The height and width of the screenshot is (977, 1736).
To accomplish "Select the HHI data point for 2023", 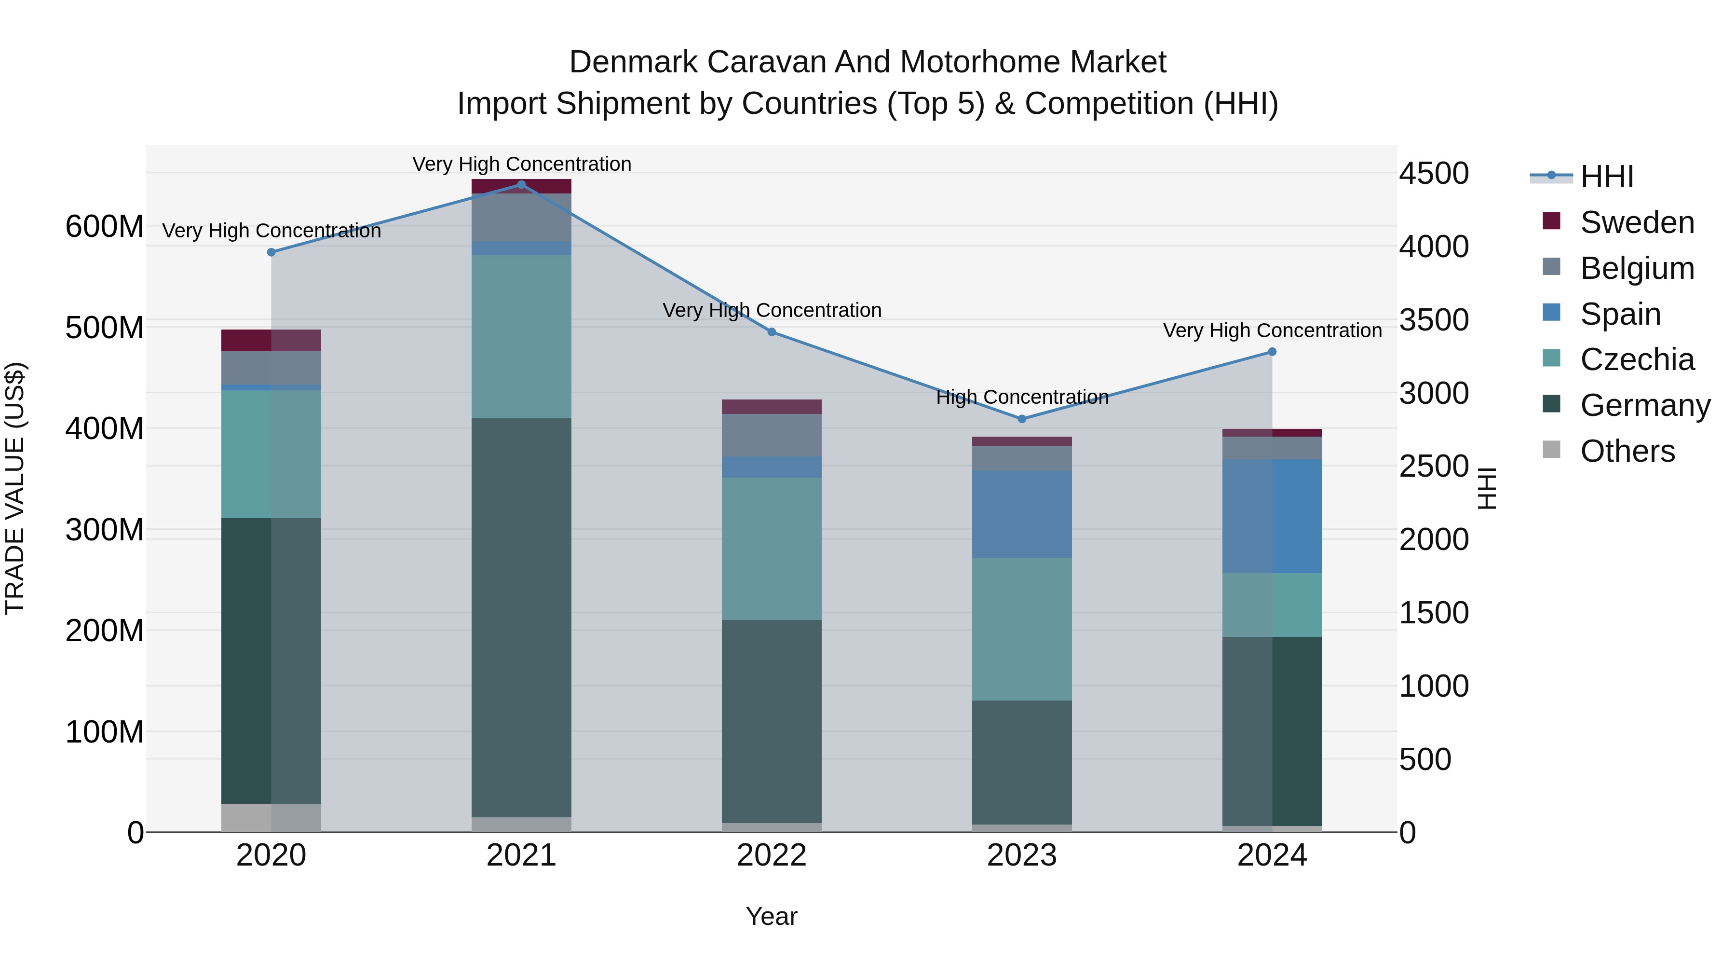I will point(1022,419).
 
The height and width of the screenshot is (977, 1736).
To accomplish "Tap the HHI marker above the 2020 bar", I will point(271,252).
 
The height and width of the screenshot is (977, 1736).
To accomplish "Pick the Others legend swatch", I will point(1551,450).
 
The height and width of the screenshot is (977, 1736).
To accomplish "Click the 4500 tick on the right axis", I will point(1434,173).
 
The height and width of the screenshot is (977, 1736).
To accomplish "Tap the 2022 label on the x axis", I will point(771,855).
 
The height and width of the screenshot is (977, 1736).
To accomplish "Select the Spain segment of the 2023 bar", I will point(1022,514).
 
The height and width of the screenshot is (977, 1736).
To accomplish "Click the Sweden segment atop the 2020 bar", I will point(271,341).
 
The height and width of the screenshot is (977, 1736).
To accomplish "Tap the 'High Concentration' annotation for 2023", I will point(1022,397).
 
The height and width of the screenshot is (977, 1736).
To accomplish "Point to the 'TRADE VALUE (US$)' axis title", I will point(15,488).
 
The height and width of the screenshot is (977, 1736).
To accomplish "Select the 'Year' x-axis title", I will point(771,916).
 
